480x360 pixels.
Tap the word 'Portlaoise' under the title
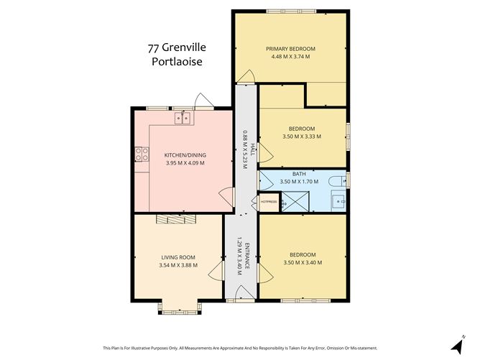coord(177,62)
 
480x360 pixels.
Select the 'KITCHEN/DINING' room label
coord(185,155)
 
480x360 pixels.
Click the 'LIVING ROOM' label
coord(178,257)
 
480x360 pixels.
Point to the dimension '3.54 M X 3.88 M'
coord(178,265)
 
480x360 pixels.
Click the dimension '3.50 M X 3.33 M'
coord(302,137)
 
